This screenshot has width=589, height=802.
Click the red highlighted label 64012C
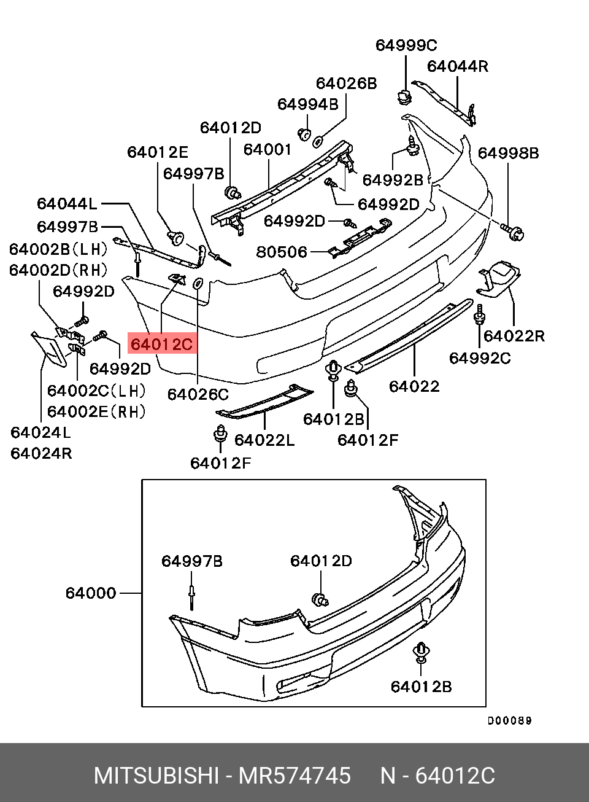pyautogui.click(x=162, y=345)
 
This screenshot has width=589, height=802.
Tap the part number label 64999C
pyautogui.click(x=406, y=45)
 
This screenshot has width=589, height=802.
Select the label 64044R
pyautogui.click(x=458, y=66)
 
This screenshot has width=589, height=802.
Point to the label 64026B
pyautogui.click(x=346, y=84)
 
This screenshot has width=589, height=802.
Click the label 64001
pyautogui.click(x=268, y=149)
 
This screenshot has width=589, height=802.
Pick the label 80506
pyautogui.click(x=282, y=252)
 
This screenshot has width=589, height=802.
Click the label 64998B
pyautogui.click(x=508, y=153)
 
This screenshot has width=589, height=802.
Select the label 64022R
pyautogui.click(x=514, y=336)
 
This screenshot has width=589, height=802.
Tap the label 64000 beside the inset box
pyautogui.click(x=91, y=593)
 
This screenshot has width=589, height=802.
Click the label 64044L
pyautogui.click(x=67, y=204)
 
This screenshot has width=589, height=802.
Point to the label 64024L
pyautogui.click(x=40, y=432)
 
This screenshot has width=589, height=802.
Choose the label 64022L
pyautogui.click(x=264, y=440)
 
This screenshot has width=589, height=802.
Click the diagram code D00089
pyautogui.click(x=509, y=721)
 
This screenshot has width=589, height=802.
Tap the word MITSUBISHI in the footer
pyautogui.click(x=156, y=776)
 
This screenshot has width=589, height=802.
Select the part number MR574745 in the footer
pyautogui.click(x=294, y=776)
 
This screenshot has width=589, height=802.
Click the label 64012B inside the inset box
pyautogui.click(x=421, y=686)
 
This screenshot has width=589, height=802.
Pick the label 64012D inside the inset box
pyautogui.click(x=321, y=561)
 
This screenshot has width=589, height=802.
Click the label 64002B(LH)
pyautogui.click(x=58, y=249)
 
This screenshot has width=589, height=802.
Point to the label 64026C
pyautogui.click(x=198, y=394)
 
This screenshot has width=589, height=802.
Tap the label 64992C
pyautogui.click(x=480, y=358)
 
